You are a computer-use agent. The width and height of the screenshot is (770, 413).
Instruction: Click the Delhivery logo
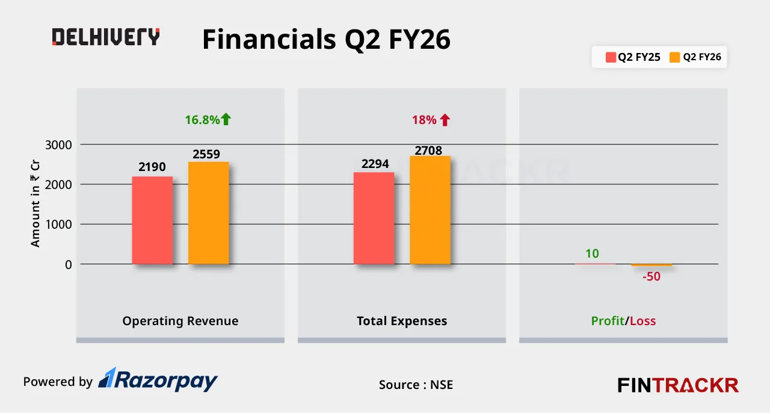[106, 37]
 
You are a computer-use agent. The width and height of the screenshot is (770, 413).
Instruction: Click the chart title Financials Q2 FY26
[326, 40]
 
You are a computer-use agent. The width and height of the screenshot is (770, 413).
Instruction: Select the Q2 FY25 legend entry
[633, 57]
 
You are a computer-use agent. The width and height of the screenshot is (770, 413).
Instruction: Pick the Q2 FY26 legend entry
[695, 57]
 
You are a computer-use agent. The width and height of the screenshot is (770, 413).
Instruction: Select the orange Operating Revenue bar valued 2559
[208, 213]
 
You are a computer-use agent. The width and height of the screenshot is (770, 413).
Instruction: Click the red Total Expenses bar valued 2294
[374, 219]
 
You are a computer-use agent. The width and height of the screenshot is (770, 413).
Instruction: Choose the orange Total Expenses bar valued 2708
[430, 210]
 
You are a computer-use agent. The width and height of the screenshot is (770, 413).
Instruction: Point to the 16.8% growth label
[202, 120]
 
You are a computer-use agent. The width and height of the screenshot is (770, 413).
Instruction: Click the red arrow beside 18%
[445, 120]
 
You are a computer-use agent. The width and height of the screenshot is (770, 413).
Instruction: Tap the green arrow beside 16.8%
[226, 119]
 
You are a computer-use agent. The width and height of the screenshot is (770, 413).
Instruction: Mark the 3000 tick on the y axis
[59, 144]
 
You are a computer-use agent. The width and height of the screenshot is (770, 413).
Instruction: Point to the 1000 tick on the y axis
[59, 225]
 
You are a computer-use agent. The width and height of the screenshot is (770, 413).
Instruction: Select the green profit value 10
[592, 253]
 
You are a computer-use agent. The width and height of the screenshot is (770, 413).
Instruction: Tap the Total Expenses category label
[402, 321]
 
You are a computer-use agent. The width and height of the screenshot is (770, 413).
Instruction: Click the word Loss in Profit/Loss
[642, 321]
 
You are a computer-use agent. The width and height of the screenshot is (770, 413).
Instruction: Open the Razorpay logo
[158, 380]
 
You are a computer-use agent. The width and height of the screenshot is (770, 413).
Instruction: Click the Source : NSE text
[416, 385]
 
